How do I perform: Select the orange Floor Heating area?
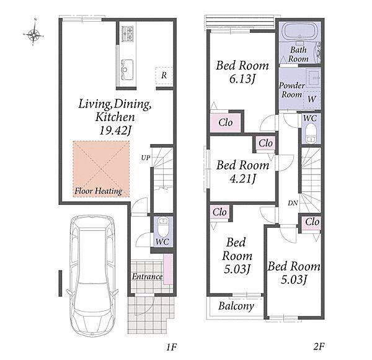101,169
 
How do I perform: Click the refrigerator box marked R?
164,76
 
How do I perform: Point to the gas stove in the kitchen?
128,34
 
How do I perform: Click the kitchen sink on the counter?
127,70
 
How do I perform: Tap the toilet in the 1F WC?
163,227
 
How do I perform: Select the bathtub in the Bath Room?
299,31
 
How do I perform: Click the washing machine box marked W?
312,99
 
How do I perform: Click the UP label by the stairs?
146,158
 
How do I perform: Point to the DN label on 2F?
293,203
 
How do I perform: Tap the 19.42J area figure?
115,130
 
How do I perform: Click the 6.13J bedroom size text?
242,79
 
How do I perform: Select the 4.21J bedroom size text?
243,179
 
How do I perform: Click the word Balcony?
236,307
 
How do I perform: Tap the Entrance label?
147,277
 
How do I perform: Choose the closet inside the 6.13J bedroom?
226,123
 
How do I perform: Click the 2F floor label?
319,347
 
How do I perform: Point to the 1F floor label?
171,347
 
